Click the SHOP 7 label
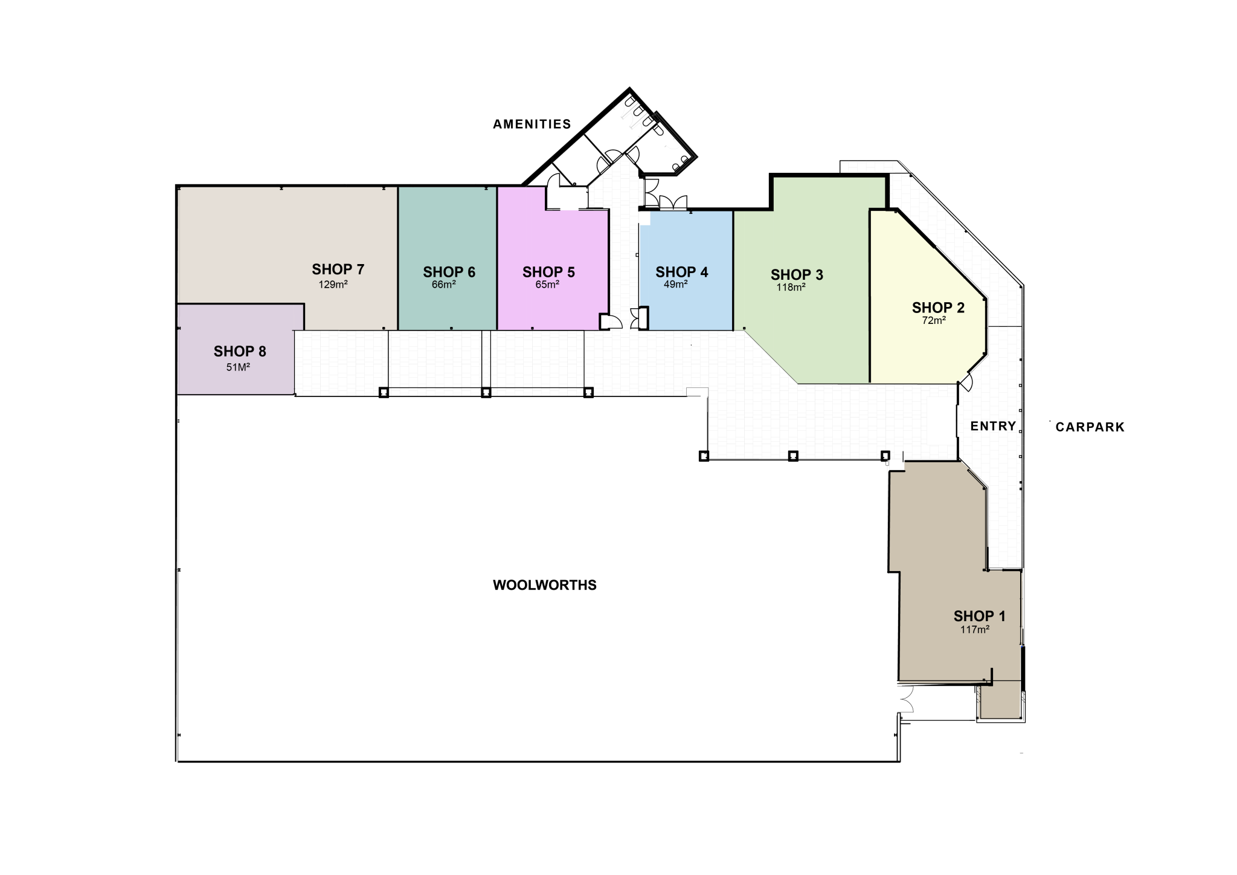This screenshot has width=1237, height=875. click(x=338, y=270)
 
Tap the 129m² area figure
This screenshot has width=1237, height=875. click(x=333, y=285)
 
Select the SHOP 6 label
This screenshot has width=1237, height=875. click(x=449, y=273)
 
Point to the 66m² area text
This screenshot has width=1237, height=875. click(x=443, y=285)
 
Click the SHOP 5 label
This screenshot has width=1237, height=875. click(x=548, y=273)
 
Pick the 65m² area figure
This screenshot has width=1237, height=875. click(x=547, y=285)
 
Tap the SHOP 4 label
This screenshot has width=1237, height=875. click(x=681, y=273)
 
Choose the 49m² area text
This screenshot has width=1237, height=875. click(x=675, y=285)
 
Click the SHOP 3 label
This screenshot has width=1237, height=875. click(x=797, y=275)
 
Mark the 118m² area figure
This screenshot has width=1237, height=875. click(x=791, y=288)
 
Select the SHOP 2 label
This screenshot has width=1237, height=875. click(x=938, y=308)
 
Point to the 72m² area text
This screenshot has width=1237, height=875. click(x=934, y=321)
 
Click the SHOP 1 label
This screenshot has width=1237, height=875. click(x=979, y=616)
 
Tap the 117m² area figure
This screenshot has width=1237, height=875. click(x=975, y=630)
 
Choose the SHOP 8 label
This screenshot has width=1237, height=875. click(x=240, y=352)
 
